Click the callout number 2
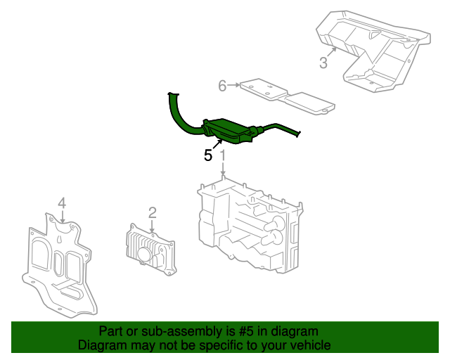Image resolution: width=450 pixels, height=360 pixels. (152, 212)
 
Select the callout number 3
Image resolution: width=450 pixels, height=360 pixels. (323, 63)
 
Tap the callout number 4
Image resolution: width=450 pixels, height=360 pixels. (62, 203)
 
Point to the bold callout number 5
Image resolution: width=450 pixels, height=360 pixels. (208, 155)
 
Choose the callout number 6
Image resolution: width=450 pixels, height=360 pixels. (222, 86)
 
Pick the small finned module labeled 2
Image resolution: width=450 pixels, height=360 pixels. (149, 250)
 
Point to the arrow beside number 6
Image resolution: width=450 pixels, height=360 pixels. (233, 86)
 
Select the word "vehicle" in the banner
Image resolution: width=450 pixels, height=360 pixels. (309, 345)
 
